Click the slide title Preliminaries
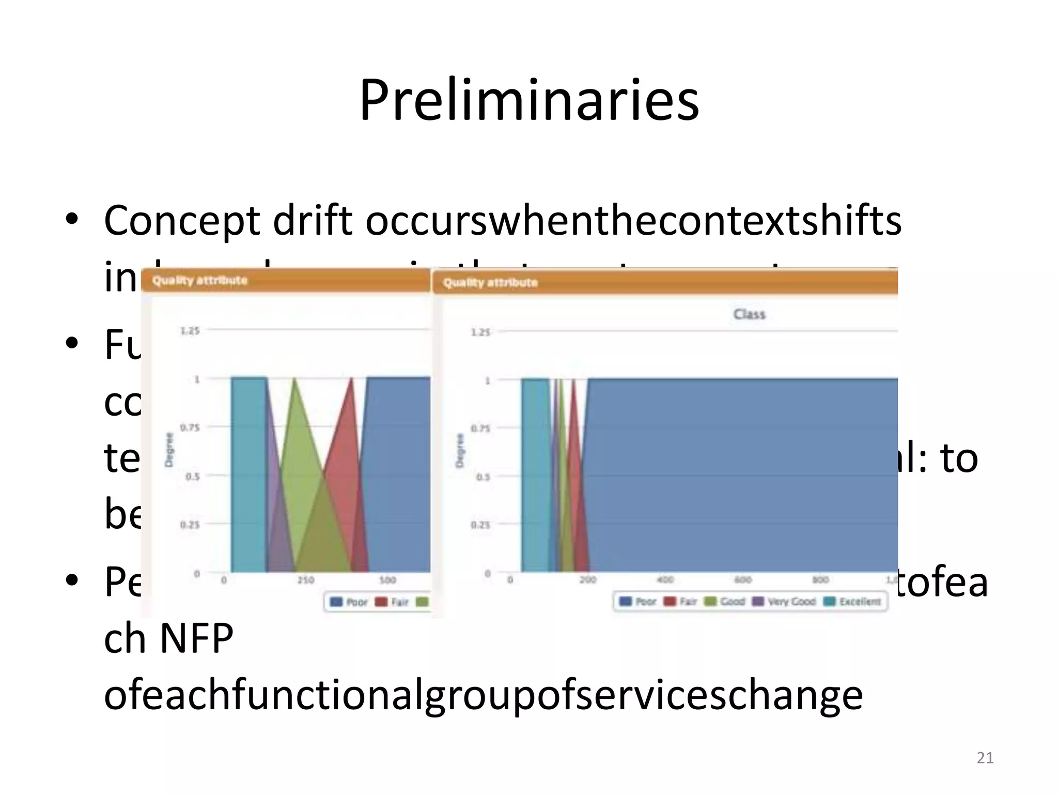pyautogui.click(x=529, y=99)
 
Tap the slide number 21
pyautogui.click(x=985, y=758)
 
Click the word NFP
pyautogui.click(x=197, y=639)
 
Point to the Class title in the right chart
pyautogui.click(x=749, y=314)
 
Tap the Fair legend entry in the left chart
pyautogui.click(x=393, y=602)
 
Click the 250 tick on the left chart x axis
pyautogui.click(x=306, y=580)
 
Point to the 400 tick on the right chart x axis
pyautogui.click(x=665, y=580)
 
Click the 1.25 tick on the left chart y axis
pyautogui.click(x=190, y=331)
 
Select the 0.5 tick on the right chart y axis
pyautogui.click(x=483, y=477)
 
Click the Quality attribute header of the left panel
pyautogui.click(x=200, y=281)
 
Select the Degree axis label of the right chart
pyautogui.click(x=459, y=451)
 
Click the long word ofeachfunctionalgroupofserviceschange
pyautogui.click(x=483, y=696)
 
